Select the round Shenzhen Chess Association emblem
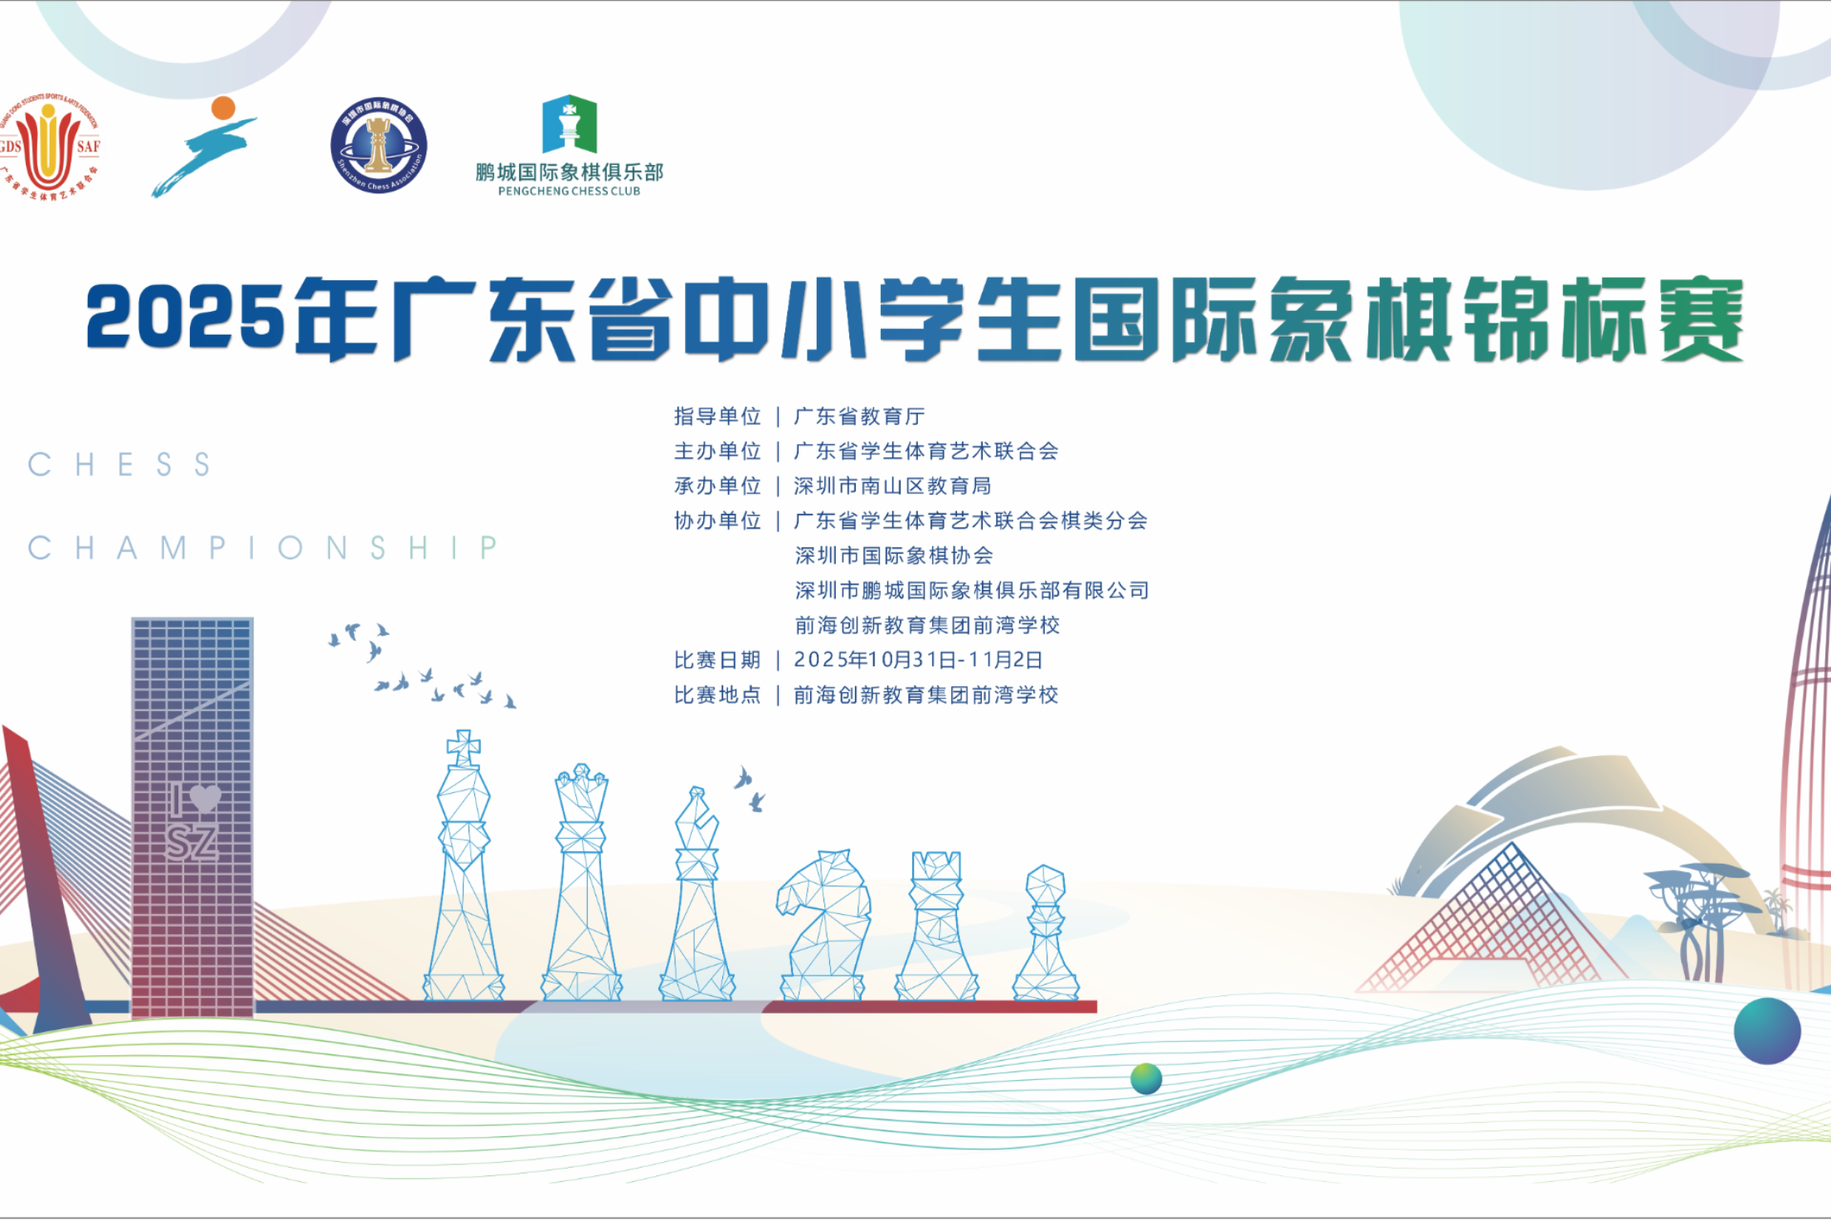click(379, 146)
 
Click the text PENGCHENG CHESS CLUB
click(569, 191)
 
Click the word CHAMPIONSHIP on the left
click(263, 548)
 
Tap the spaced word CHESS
click(120, 465)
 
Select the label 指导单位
click(717, 416)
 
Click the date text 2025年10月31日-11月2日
click(918, 660)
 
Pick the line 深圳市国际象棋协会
click(894, 555)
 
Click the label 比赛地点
click(717, 695)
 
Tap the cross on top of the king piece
click(464, 748)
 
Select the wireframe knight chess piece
click(823, 924)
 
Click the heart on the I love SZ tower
click(205, 798)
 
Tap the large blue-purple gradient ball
click(1767, 1030)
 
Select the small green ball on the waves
click(1146, 1078)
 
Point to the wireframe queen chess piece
click(581, 883)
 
